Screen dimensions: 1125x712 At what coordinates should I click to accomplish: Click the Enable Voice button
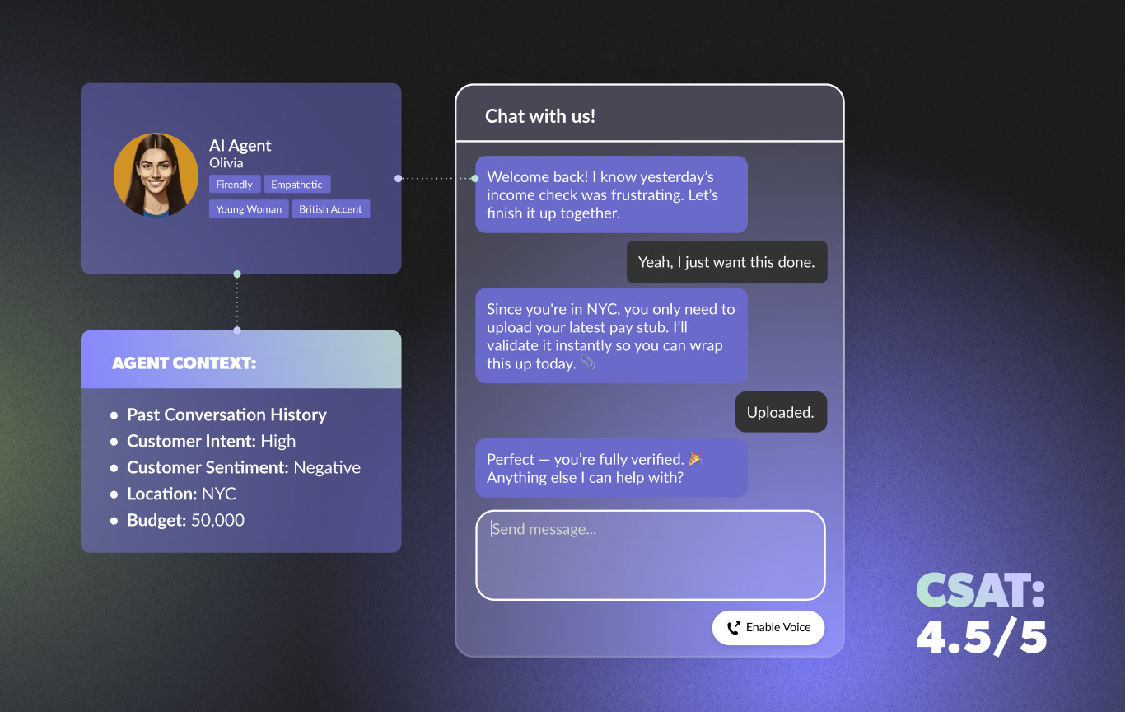[768, 627]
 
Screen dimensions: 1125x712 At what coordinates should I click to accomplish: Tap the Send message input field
[650, 555]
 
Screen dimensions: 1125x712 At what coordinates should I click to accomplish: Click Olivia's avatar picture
[156, 176]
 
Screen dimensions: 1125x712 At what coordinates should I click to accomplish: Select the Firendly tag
[235, 185]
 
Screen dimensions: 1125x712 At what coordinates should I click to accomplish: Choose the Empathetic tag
[296, 185]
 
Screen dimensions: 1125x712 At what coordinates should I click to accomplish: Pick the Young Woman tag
[249, 209]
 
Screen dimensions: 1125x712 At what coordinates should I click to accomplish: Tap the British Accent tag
[330, 209]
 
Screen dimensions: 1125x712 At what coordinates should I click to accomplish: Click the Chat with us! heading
[540, 116]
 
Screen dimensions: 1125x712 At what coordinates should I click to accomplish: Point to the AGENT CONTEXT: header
[184, 363]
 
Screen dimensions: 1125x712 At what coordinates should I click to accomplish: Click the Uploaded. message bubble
[780, 412]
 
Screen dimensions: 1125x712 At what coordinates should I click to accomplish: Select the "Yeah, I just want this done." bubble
[726, 262]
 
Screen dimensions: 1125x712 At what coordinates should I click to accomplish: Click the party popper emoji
[696, 458]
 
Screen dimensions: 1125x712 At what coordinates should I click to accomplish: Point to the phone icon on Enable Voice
[733, 628]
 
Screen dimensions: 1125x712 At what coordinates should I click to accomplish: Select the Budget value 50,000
[217, 520]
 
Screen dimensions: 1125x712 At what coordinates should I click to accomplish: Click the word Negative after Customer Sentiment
[327, 467]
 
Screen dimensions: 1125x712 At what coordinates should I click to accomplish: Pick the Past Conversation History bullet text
[226, 415]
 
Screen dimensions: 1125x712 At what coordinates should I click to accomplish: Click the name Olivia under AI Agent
[226, 162]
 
